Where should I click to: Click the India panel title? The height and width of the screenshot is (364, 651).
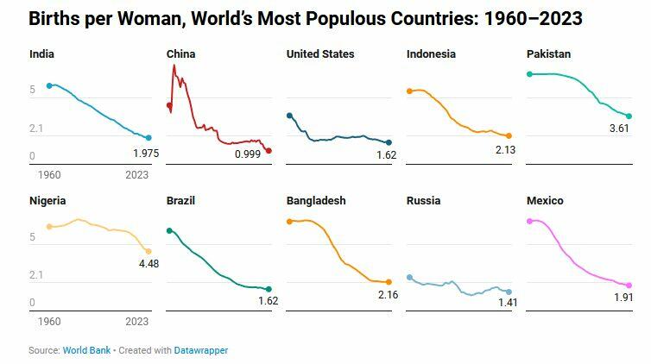point(42,54)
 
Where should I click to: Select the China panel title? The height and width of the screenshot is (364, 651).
point(180,54)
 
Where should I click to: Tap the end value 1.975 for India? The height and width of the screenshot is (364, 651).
point(146,154)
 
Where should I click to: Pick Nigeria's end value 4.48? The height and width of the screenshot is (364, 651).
point(149,264)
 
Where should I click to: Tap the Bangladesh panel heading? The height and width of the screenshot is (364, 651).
point(316,201)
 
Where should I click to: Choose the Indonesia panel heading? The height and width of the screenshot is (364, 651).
point(431,54)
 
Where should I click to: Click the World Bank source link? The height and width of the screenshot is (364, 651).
point(86,350)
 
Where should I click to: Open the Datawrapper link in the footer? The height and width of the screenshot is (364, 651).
point(201,350)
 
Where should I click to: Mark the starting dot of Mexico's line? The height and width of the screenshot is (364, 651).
point(529,221)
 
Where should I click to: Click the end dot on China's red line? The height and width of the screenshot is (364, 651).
point(269,151)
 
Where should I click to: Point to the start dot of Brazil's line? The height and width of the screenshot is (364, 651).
point(169,230)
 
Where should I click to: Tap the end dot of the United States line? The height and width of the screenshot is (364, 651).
point(389,142)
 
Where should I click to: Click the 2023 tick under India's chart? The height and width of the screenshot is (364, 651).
point(136,175)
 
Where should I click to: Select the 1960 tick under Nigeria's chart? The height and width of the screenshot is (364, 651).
point(49,322)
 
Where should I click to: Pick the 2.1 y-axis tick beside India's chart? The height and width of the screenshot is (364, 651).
point(35,129)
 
